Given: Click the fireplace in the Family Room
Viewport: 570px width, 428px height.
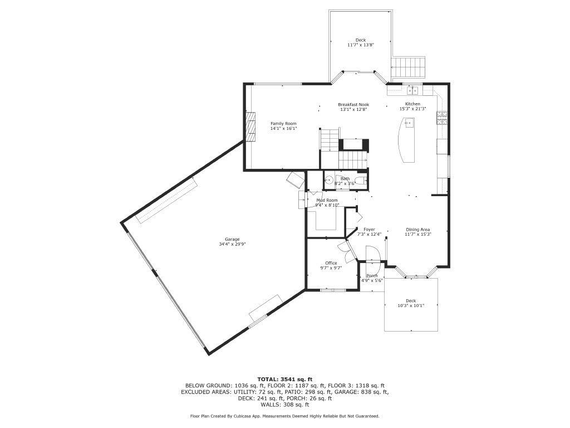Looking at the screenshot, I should [x=251, y=127].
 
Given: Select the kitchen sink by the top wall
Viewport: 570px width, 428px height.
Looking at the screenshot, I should [x=412, y=90].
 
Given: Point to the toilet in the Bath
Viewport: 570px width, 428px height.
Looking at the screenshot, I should [x=361, y=179].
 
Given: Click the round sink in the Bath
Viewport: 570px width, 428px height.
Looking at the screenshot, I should [x=329, y=180].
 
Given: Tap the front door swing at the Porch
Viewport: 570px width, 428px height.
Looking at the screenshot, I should [x=372, y=255].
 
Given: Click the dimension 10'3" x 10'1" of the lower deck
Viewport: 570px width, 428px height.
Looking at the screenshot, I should [x=411, y=305].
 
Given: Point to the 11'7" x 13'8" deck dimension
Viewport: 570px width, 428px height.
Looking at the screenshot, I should [x=361, y=45].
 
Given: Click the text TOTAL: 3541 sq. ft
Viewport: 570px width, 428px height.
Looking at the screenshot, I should [x=284, y=379].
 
